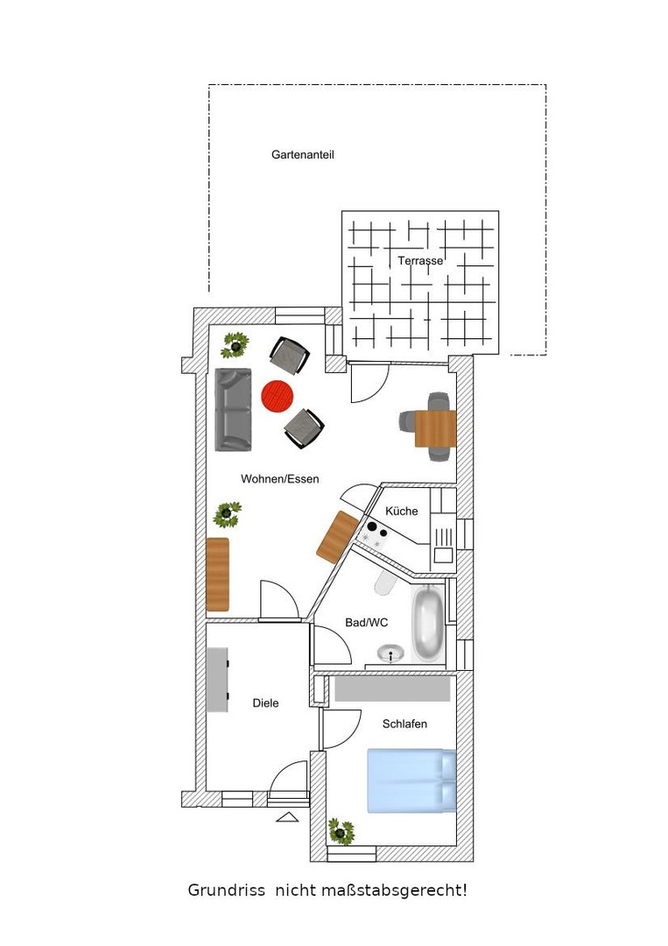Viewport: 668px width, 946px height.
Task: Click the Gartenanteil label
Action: pyautogui.click(x=302, y=154)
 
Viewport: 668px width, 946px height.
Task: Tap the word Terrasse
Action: pyautogui.click(x=420, y=261)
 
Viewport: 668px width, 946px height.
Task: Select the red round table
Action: pyautogui.click(x=278, y=397)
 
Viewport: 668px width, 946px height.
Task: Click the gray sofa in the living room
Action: pyautogui.click(x=233, y=410)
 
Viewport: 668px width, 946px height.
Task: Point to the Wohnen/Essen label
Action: pyautogui.click(x=280, y=479)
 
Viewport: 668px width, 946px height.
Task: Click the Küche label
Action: pyautogui.click(x=402, y=511)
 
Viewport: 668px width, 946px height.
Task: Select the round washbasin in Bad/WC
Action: pyautogui.click(x=391, y=653)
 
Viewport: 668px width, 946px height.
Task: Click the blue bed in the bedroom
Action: pyautogui.click(x=411, y=780)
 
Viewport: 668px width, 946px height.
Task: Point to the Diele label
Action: pyautogui.click(x=265, y=702)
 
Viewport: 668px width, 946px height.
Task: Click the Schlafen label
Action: pyautogui.click(x=404, y=724)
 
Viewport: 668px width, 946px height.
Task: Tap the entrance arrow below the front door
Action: pyautogui.click(x=287, y=817)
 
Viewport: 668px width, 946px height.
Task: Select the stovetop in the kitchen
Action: pyautogui.click(x=373, y=534)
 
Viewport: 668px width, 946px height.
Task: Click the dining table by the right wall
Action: pyautogui.click(x=435, y=428)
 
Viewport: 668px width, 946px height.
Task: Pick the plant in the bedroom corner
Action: pyautogui.click(x=341, y=831)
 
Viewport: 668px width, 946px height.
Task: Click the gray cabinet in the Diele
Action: pyautogui.click(x=218, y=680)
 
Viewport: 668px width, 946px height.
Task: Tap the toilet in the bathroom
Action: pyautogui.click(x=384, y=582)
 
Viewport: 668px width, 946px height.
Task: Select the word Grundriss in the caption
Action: pyautogui.click(x=226, y=890)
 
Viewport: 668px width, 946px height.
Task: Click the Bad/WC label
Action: pyautogui.click(x=367, y=623)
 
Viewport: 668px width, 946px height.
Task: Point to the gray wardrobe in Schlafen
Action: pyautogui.click(x=392, y=688)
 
